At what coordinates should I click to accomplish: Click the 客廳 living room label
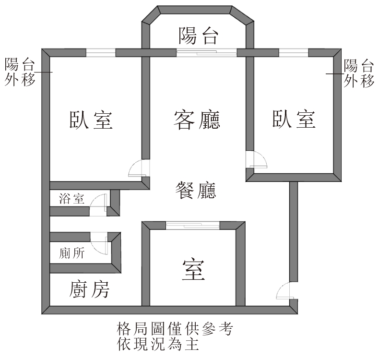197,120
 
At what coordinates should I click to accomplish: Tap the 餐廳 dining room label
196,190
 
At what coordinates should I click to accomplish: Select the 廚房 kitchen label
89,289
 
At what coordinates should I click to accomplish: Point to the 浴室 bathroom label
71,199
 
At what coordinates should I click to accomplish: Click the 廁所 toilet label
72,253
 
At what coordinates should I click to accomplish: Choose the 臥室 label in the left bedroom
91,120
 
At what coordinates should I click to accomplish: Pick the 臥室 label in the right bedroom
294,119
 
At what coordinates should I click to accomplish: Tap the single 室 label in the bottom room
193,270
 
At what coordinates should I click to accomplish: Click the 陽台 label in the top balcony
199,36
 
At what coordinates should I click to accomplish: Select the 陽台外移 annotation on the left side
20,72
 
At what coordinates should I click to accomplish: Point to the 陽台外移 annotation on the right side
359,73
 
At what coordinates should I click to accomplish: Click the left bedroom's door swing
139,168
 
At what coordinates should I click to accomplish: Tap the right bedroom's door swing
257,159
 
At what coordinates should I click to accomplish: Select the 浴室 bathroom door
98,205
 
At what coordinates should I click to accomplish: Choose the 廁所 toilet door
99,243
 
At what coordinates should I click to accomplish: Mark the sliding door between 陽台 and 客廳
206,52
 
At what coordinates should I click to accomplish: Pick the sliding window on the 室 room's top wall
193,225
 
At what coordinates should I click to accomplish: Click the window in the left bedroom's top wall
101,53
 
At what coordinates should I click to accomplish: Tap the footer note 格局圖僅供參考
175,329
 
